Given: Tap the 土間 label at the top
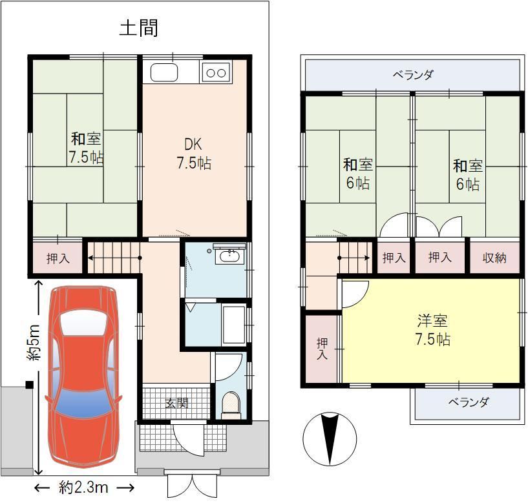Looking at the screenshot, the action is (139, 28).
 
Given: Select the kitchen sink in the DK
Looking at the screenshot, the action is (164, 72).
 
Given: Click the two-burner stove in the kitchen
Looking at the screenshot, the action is (216, 72).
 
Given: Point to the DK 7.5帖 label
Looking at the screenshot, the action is (194, 154).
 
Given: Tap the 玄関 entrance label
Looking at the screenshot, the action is (176, 403).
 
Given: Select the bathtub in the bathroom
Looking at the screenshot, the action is (234, 325).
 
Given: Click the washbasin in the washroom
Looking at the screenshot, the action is (229, 256).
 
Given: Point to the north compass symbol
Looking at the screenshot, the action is (330, 439).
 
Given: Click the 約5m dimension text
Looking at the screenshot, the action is (34, 342).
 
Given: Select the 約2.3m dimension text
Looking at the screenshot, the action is (83, 488).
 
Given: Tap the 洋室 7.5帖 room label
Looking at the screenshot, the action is (433, 330).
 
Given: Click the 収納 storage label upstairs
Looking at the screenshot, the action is (494, 258).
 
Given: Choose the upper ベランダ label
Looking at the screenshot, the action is (413, 74).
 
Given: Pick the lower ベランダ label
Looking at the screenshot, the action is (468, 402).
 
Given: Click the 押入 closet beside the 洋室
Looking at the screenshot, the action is (322, 349).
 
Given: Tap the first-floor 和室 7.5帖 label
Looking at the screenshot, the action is (85, 148).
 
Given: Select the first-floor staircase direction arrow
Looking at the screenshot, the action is (114, 258).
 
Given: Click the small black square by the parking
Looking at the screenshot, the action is (30, 385).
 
